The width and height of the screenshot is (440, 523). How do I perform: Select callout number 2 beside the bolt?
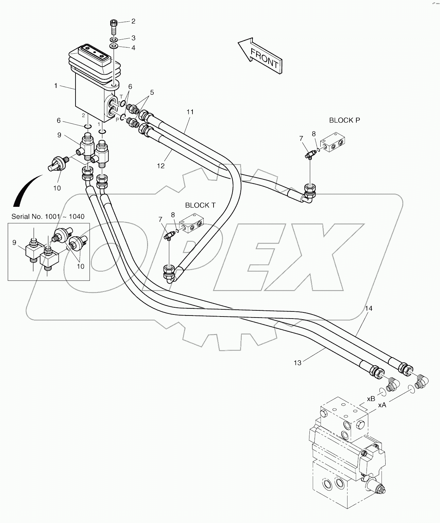[x=133, y=21]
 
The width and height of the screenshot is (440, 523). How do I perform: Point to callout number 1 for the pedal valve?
[x=56, y=86]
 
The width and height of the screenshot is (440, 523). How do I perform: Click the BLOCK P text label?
[x=344, y=120]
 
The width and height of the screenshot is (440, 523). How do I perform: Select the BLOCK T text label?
[x=200, y=205]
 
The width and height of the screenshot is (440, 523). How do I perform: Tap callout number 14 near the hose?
[x=369, y=308]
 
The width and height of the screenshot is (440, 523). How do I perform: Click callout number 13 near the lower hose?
[x=297, y=363]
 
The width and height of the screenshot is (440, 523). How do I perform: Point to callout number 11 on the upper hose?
[x=190, y=112]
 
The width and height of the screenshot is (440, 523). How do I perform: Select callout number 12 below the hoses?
[x=160, y=166]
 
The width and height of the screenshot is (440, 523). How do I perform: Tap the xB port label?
[x=371, y=398]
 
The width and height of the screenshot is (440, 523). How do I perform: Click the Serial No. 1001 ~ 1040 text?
[x=48, y=217]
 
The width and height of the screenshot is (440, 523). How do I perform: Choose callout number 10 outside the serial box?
[x=57, y=188]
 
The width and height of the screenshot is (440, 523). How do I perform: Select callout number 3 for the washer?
[x=133, y=38]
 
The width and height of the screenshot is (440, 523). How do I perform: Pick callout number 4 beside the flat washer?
[x=133, y=48]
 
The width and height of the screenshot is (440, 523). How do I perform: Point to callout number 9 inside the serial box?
[x=14, y=242]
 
